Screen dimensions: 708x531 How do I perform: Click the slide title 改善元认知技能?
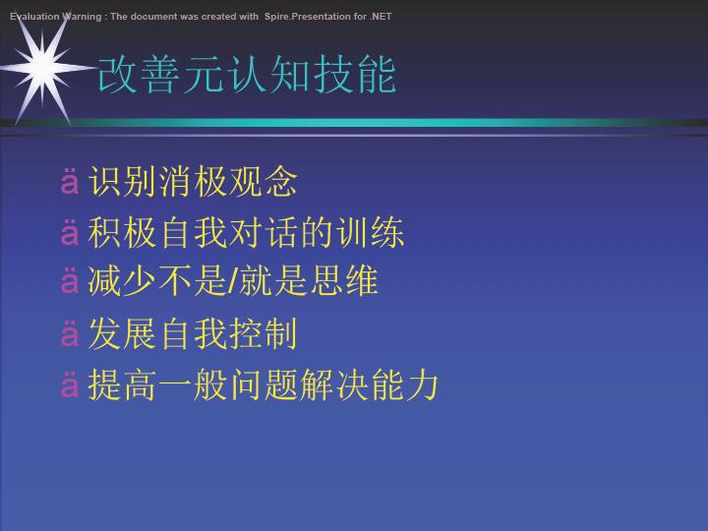click(x=247, y=75)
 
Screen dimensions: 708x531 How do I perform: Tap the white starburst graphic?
click(x=43, y=68)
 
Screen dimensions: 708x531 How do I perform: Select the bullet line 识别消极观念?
click(x=193, y=182)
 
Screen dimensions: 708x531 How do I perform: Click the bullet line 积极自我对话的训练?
click(x=246, y=232)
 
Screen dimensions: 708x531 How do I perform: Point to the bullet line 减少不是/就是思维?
click(x=233, y=281)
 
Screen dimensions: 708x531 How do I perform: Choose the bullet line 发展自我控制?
click(x=193, y=333)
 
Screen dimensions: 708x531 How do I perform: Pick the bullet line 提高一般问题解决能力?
click(x=264, y=384)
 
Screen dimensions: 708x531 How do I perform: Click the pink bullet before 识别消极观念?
click(x=70, y=182)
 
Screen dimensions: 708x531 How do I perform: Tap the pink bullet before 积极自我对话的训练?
click(x=70, y=232)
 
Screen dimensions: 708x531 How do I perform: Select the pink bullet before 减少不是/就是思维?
click(x=70, y=281)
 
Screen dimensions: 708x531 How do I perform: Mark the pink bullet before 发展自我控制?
click(x=70, y=334)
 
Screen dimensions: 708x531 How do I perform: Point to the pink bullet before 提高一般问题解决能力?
click(x=70, y=384)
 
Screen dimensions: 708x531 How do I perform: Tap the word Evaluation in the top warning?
click(x=34, y=17)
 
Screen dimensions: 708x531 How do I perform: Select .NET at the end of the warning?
click(x=381, y=17)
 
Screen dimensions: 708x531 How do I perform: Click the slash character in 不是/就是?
click(x=233, y=281)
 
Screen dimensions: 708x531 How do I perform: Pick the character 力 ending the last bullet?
click(x=422, y=384)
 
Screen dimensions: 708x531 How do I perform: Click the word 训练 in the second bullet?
click(x=371, y=232)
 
